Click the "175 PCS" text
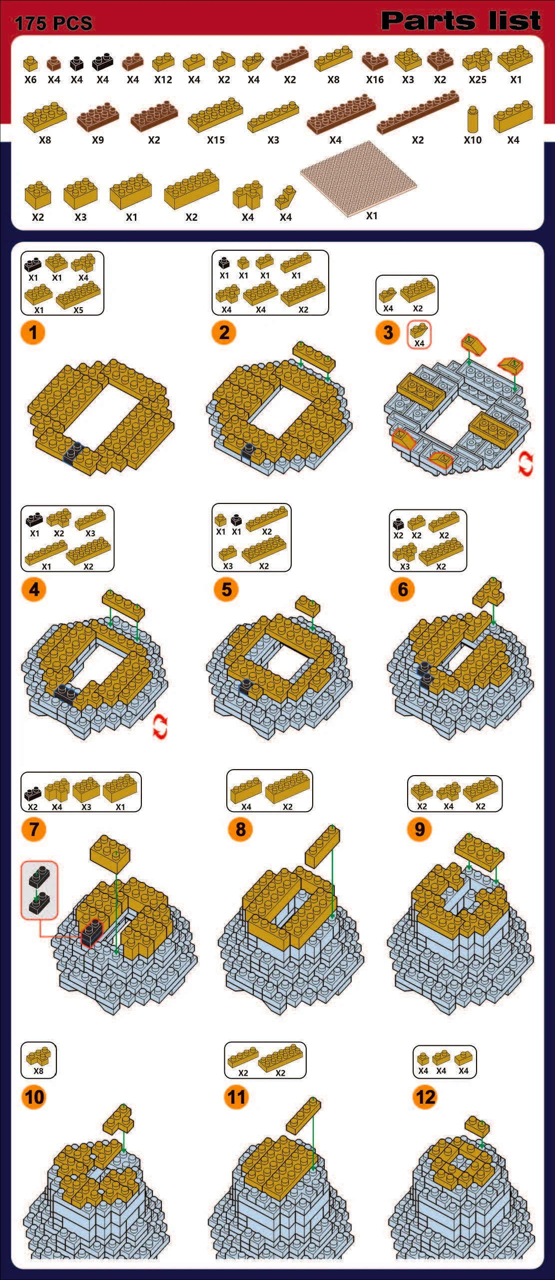[53, 23]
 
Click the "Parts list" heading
[461, 20]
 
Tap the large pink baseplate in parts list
[359, 178]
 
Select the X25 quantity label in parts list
[478, 79]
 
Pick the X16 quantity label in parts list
[375, 79]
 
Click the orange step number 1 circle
[33, 332]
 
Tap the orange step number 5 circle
[226, 589]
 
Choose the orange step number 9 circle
[420, 829]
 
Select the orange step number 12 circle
[425, 1097]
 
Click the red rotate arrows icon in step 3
[526, 464]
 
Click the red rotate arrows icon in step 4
[160, 727]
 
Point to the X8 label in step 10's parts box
[38, 1071]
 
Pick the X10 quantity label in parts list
[473, 140]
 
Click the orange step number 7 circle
[33, 829]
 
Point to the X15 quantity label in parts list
[216, 140]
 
